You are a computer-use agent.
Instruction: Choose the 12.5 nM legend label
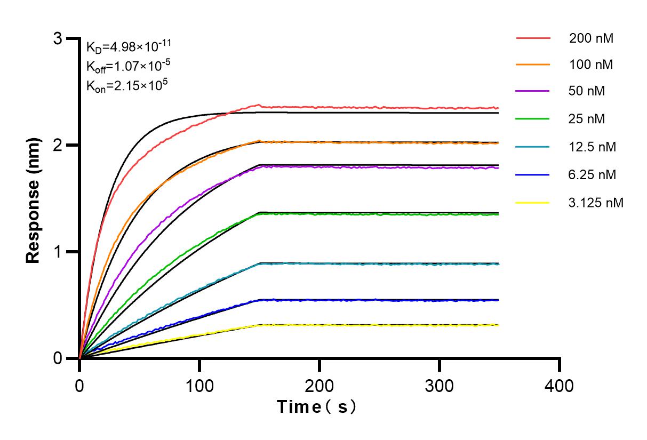[592, 146]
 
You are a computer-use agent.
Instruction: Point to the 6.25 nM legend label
[592, 174]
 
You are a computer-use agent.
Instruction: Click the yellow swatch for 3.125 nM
[533, 202]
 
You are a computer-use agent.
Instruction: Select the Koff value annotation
[129, 66]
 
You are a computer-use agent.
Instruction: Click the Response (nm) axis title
[33, 198]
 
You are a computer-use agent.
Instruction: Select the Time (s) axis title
[317, 407]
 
